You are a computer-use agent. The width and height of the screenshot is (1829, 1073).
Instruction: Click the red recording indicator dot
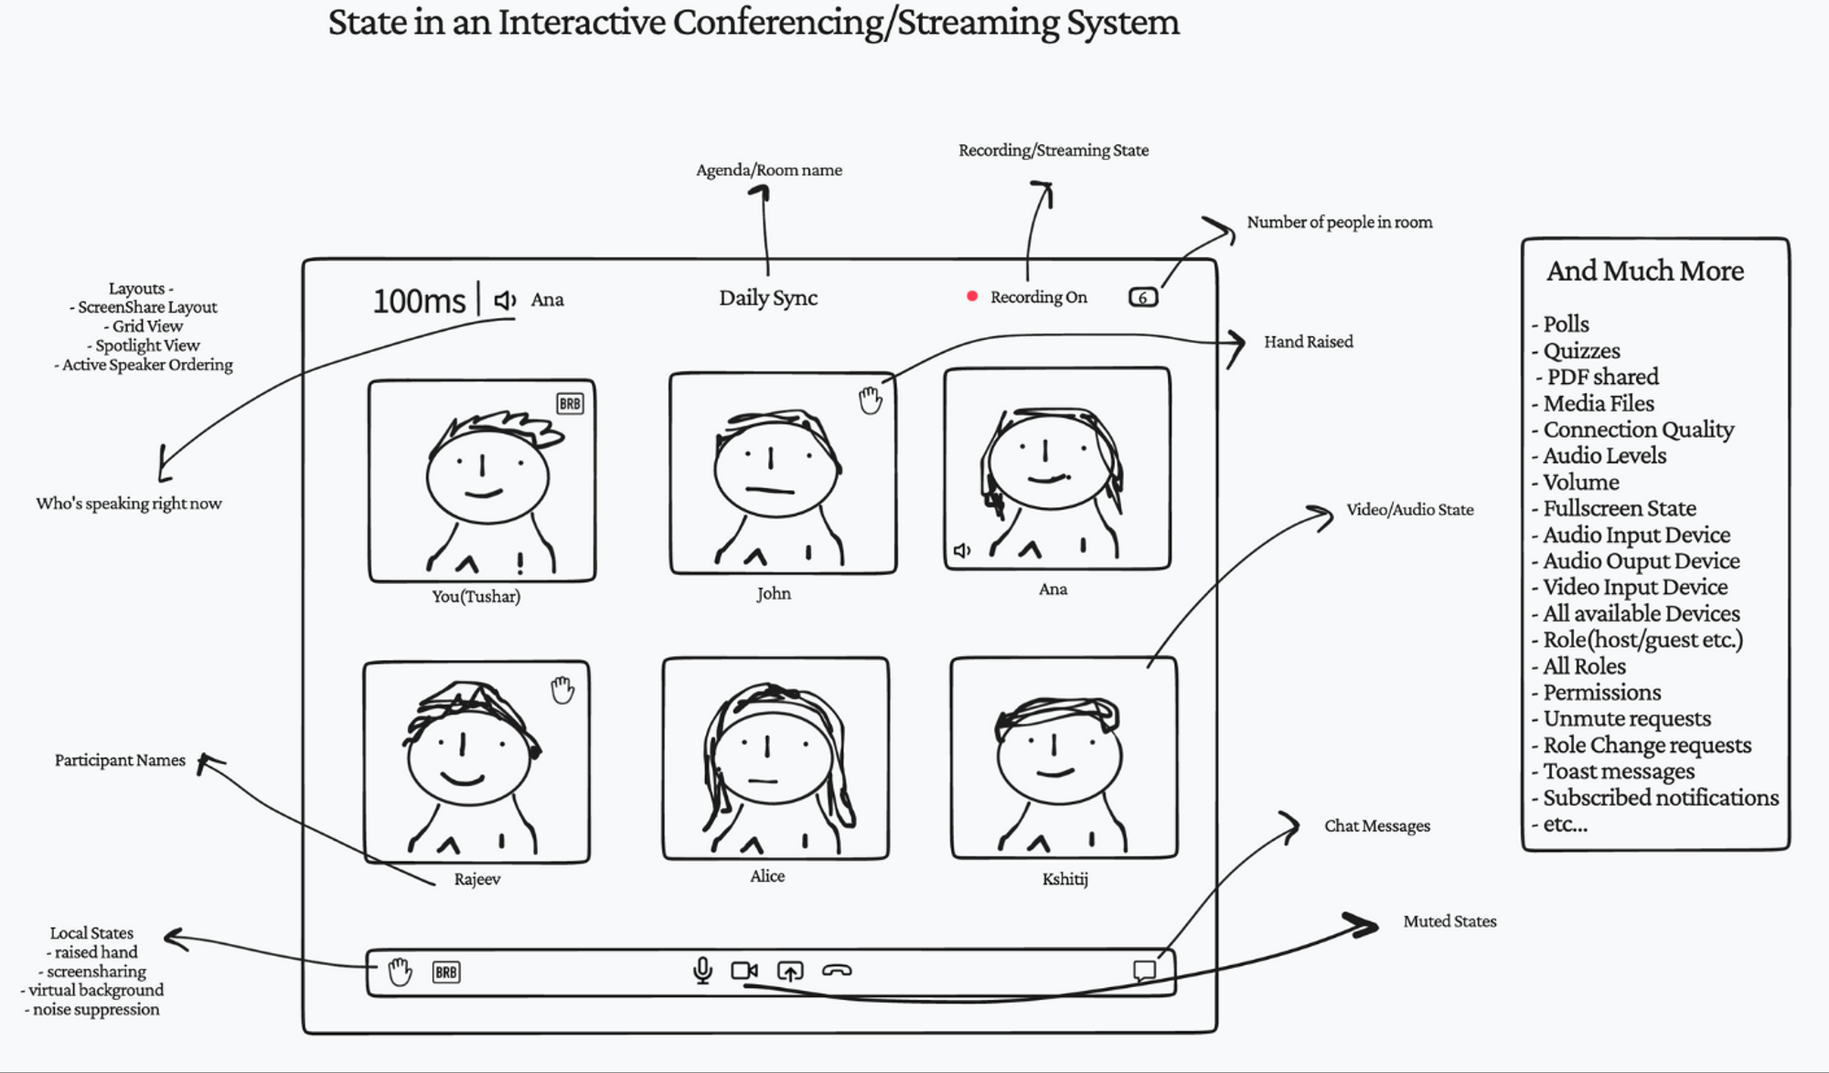(972, 296)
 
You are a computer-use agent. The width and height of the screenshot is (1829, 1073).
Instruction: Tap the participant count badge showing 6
(1143, 297)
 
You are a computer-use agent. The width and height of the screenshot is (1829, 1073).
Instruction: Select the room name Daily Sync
(768, 298)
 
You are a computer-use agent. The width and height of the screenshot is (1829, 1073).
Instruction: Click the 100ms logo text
(419, 301)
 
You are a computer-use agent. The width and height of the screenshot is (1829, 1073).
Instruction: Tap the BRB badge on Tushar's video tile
(570, 403)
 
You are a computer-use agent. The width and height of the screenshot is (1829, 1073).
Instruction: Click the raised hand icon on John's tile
(870, 399)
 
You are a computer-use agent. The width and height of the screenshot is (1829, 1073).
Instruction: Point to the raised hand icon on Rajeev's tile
(562, 690)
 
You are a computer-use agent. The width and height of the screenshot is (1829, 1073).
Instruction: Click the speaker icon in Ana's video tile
(962, 550)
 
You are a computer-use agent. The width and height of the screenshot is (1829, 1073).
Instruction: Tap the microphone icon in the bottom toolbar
(702, 970)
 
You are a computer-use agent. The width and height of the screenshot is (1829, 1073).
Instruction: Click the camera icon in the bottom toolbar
(744, 970)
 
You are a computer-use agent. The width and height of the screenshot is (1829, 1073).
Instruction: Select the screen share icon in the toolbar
(790, 971)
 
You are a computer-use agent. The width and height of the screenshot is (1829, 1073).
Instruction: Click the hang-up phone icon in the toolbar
(837, 970)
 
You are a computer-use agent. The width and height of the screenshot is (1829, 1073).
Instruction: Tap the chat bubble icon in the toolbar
(1144, 970)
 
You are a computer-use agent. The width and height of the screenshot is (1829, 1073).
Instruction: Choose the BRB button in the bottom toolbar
(446, 972)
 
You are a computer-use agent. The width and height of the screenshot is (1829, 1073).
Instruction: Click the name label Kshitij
(1064, 879)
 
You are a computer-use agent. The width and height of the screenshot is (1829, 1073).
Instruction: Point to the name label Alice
(767, 876)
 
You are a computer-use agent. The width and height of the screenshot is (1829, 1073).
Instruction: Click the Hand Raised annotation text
(1308, 342)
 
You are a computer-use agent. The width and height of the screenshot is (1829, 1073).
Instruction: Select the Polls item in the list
(1566, 324)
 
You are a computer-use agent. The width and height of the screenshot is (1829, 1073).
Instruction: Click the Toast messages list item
(1619, 771)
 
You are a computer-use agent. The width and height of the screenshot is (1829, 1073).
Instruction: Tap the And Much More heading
(1645, 271)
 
